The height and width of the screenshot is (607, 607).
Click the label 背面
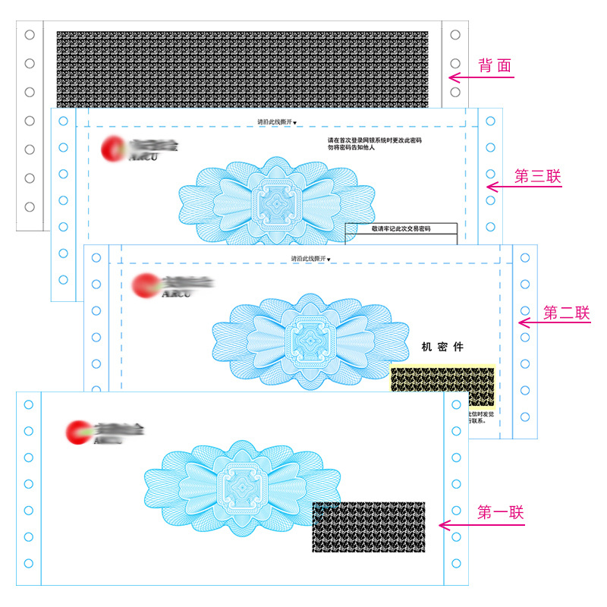pos(495,66)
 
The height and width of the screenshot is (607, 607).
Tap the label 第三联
pos(537,176)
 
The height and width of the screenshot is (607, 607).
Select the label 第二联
pos(566,313)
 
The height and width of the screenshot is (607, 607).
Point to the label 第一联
pos(500,512)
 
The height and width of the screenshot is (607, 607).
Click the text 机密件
pos(442,347)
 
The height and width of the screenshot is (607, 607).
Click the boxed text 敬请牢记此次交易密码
pos(400,228)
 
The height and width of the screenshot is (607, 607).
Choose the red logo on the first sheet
pos(78,432)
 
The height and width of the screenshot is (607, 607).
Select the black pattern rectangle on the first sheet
pos(368,527)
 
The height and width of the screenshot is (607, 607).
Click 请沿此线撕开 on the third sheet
pos(277,121)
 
